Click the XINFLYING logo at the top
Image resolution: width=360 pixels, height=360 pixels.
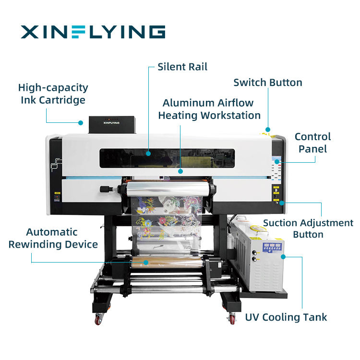(93, 32)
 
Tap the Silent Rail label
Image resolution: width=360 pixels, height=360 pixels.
(182, 67)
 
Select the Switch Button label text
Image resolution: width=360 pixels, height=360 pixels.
(268, 82)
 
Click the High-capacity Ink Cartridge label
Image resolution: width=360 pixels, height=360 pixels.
(53, 94)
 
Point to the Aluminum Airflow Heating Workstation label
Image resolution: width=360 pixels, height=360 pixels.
(209, 109)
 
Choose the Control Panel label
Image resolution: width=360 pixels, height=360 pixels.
(312, 143)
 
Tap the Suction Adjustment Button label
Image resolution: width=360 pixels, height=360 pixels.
(308, 228)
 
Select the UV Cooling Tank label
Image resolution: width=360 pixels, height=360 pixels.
(286, 317)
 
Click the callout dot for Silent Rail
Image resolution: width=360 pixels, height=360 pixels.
(149, 154)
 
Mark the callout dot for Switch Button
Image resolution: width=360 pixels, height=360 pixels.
(268, 129)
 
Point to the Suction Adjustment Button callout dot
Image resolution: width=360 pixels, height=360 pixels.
(282, 203)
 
